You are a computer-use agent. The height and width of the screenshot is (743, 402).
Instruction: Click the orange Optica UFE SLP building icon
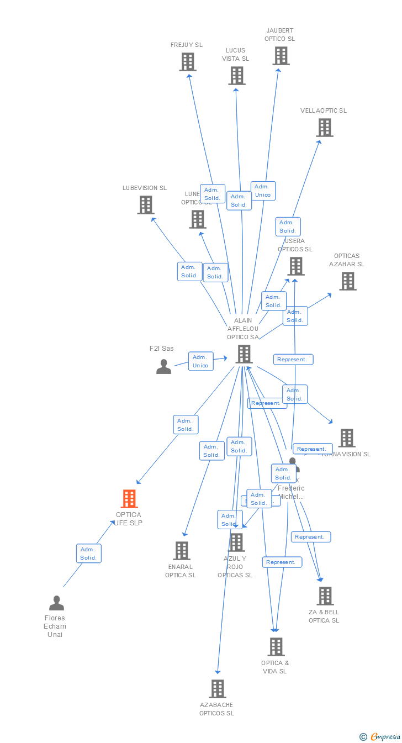click(x=129, y=499)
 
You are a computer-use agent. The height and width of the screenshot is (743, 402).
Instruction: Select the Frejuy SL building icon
click(x=188, y=62)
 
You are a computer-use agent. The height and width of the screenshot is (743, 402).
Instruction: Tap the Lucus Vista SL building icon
click(x=236, y=76)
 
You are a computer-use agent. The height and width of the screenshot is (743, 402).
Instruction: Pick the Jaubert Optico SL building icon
click(x=281, y=56)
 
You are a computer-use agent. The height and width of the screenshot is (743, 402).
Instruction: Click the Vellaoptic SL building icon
click(x=324, y=128)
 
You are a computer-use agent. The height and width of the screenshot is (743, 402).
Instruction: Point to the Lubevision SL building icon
click(x=145, y=205)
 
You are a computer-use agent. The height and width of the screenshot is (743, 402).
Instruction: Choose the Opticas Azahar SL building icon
click(x=347, y=281)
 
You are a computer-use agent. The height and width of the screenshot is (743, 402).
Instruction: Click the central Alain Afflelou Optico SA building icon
click(x=244, y=354)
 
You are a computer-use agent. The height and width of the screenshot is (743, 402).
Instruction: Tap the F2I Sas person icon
click(x=163, y=366)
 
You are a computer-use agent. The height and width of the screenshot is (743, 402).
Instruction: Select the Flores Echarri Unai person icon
click(x=56, y=603)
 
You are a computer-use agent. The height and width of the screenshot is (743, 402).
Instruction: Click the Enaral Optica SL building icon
click(x=182, y=551)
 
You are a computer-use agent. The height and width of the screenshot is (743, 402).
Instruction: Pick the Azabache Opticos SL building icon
click(x=218, y=689)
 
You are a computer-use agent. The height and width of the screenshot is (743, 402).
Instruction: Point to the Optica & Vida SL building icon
click(x=276, y=647)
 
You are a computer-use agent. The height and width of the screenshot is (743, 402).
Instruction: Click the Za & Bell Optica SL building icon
click(x=325, y=596)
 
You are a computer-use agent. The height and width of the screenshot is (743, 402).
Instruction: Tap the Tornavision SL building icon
click(x=346, y=438)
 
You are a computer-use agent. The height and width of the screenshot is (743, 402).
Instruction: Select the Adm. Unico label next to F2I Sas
click(x=200, y=361)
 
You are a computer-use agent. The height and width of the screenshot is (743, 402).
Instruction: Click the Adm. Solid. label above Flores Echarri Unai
click(x=88, y=554)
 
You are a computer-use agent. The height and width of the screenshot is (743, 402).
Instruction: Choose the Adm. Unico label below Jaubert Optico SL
click(x=263, y=191)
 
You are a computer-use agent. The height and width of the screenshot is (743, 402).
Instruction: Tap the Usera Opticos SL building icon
click(x=295, y=266)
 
